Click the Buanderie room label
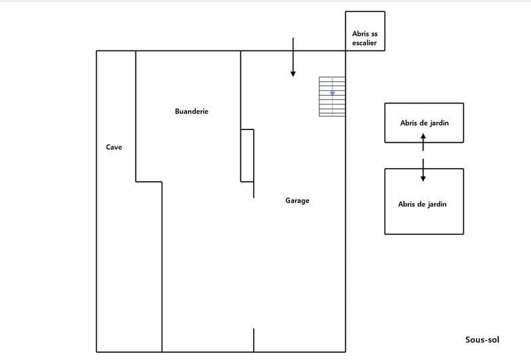point(191,112)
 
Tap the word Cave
point(114,147)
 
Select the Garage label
point(297,201)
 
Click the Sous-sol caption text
point(482,340)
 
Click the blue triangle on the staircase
point(333,94)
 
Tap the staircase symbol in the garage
point(333,97)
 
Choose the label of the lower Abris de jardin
point(422,205)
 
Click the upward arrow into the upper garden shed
point(423,141)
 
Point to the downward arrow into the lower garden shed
point(423,171)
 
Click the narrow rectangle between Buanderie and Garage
point(247,155)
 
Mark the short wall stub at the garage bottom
point(254,339)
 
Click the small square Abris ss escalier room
point(364,31)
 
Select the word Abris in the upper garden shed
point(410,123)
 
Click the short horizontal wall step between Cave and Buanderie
point(149,181)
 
